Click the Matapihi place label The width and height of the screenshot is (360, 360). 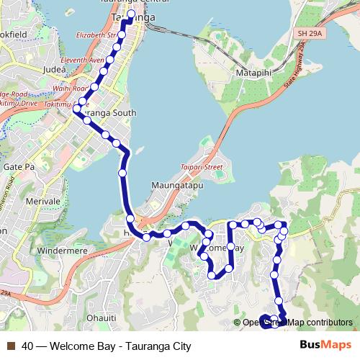click(x=253, y=73)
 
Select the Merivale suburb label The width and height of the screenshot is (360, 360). click(x=42, y=202)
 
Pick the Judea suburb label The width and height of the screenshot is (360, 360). click(x=55, y=69)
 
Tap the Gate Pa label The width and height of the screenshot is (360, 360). click(x=18, y=166)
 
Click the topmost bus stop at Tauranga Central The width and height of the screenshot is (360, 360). click(x=131, y=14)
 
